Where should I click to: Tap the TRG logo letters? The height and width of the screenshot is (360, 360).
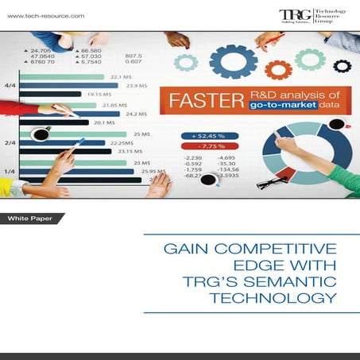pos(291,15)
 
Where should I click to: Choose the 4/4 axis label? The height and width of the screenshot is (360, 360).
pos(11,84)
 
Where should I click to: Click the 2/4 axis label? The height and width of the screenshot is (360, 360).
pos(11,142)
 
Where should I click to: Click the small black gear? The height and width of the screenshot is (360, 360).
pos(343,65)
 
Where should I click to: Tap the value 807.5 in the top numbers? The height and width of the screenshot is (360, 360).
pos(133,55)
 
